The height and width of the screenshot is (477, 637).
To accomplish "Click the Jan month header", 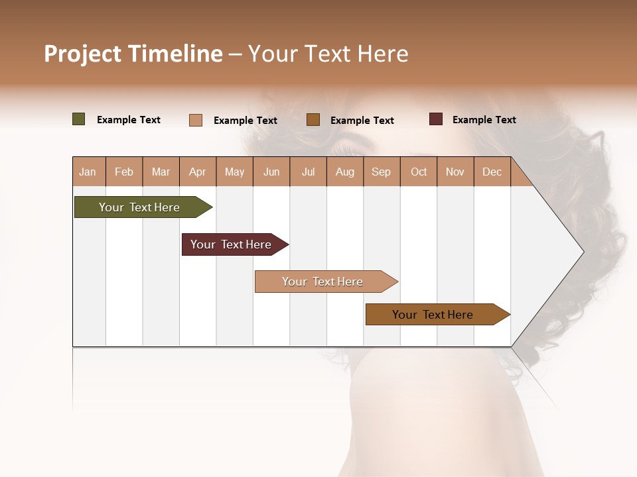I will pyautogui.click(x=88, y=172).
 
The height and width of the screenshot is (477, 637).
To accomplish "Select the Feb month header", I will pyautogui.click(x=124, y=172).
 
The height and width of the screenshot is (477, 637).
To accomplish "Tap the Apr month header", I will pyautogui.click(x=197, y=172).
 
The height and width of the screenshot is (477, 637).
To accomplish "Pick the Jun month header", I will pyautogui.click(x=271, y=172).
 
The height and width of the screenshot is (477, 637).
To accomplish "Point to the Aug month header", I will pyautogui.click(x=344, y=172).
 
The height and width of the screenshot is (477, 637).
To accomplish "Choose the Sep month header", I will pyautogui.click(x=381, y=172).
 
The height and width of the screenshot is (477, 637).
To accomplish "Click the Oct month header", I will pyautogui.click(x=419, y=172).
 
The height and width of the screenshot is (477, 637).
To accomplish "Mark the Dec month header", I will pyautogui.click(x=492, y=172).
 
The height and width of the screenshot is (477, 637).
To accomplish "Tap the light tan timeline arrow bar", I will pyautogui.click(x=324, y=282).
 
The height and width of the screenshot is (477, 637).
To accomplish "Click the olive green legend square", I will pyautogui.click(x=79, y=119).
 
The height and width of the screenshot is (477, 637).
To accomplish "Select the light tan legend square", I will pyautogui.click(x=196, y=120).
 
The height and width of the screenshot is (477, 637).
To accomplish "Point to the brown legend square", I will pyautogui.click(x=313, y=120).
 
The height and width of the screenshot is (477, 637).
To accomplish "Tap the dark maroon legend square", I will pyautogui.click(x=436, y=119).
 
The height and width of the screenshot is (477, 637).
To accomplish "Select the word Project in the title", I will pyautogui.click(x=83, y=54).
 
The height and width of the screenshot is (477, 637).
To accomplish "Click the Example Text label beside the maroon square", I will pyautogui.click(x=484, y=119).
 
